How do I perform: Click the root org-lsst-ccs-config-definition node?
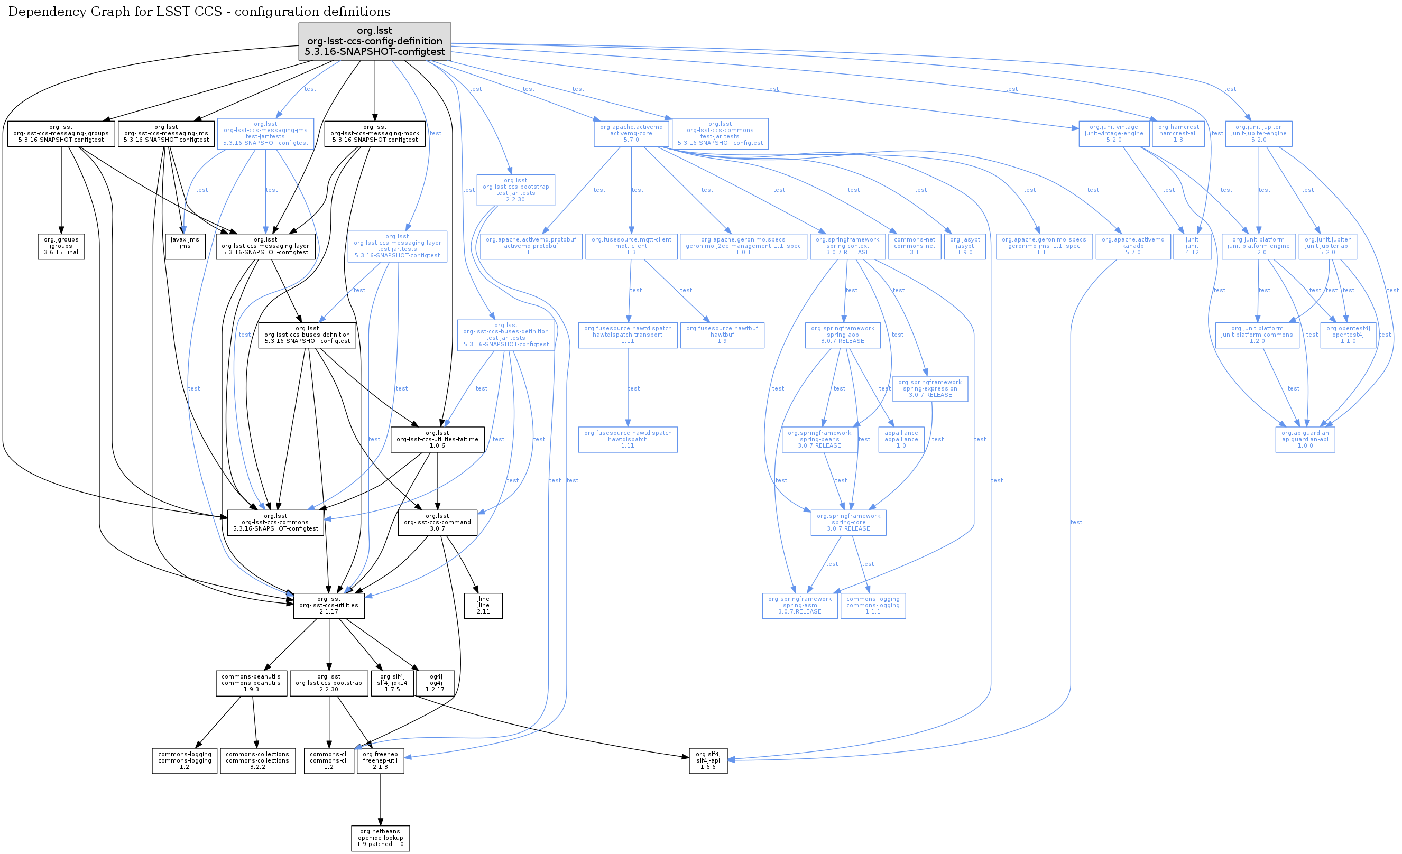pos(374,42)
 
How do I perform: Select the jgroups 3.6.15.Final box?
pos(61,246)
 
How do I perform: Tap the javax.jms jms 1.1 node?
pos(185,246)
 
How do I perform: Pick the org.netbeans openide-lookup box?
pos(380,838)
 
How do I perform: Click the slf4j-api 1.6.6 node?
pos(708,760)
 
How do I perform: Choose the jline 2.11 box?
pos(483,606)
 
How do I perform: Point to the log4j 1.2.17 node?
pos(435,683)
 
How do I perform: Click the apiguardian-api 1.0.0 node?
pos(1305,440)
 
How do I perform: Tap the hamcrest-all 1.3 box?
pos(1178,134)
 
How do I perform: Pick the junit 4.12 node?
pos(1192,246)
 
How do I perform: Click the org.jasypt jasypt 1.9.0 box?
pos(964,246)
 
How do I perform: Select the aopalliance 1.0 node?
pos(901,440)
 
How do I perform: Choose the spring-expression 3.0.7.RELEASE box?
pos(930,388)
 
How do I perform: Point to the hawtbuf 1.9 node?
pos(722,335)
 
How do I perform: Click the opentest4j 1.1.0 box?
pos(1348,335)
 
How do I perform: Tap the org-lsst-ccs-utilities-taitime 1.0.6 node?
pos(437,440)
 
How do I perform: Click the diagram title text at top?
pos(199,12)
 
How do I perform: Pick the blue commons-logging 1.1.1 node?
pos(872,606)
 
